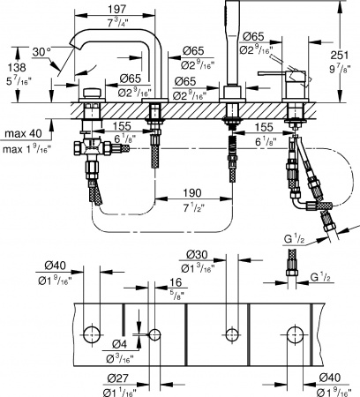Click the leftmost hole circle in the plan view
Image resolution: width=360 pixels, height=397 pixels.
(92, 333)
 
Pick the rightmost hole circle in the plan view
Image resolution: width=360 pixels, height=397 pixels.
(294, 333)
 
